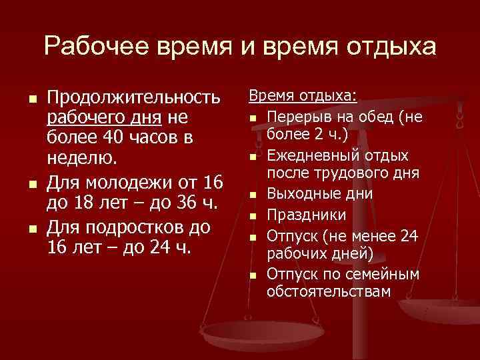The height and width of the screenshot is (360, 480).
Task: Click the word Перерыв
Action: click(297, 118)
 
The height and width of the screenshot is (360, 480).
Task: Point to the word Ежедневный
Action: click(307, 155)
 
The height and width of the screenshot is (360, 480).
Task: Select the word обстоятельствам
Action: click(329, 291)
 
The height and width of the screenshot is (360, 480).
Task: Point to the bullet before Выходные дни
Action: click(254, 195)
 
